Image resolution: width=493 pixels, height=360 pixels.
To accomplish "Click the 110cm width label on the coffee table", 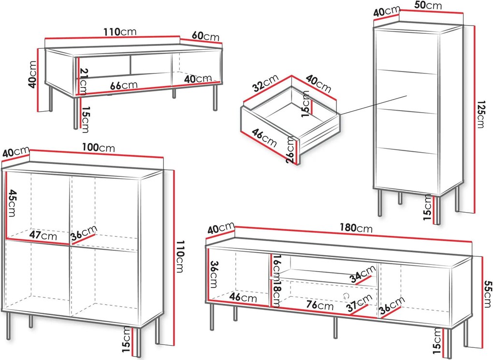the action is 120,32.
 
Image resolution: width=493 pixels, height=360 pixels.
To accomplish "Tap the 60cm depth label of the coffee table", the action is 205,36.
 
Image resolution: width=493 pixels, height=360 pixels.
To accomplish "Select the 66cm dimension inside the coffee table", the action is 124,85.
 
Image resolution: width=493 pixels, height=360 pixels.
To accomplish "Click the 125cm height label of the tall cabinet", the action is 480,115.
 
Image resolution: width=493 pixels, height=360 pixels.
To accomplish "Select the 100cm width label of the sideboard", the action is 99,147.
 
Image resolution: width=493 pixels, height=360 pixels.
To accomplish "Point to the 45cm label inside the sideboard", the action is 12,203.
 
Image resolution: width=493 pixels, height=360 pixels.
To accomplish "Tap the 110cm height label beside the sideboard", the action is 180,257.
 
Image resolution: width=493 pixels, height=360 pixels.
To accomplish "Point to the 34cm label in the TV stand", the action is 363,274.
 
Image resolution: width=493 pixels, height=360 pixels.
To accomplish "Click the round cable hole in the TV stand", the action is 346,296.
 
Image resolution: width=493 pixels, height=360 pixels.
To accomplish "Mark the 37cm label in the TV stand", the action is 360,303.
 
